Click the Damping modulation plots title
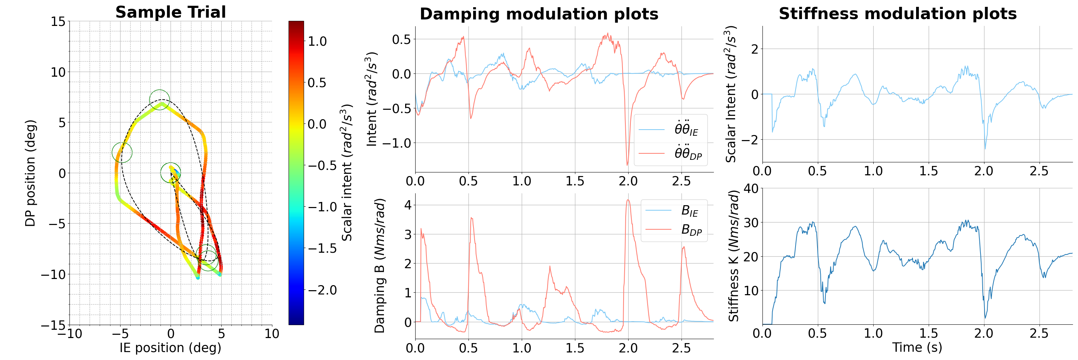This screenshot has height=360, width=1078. click(539, 14)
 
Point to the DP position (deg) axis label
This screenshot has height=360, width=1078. click(30, 173)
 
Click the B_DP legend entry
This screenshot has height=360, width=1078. click(691, 229)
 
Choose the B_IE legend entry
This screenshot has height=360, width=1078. click(689, 211)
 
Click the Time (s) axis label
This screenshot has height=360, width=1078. click(917, 347)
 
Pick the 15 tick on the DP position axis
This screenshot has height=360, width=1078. click(58, 21)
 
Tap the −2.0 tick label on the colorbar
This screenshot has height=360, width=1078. click(322, 290)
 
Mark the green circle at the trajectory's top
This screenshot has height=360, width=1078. click(159, 100)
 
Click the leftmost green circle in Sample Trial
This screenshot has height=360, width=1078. click(122, 152)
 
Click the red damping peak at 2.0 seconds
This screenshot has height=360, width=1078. click(628, 200)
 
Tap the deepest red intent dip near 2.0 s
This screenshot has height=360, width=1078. click(627, 165)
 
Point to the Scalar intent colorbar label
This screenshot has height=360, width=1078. click(346, 172)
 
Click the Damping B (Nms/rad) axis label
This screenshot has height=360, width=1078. click(380, 266)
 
